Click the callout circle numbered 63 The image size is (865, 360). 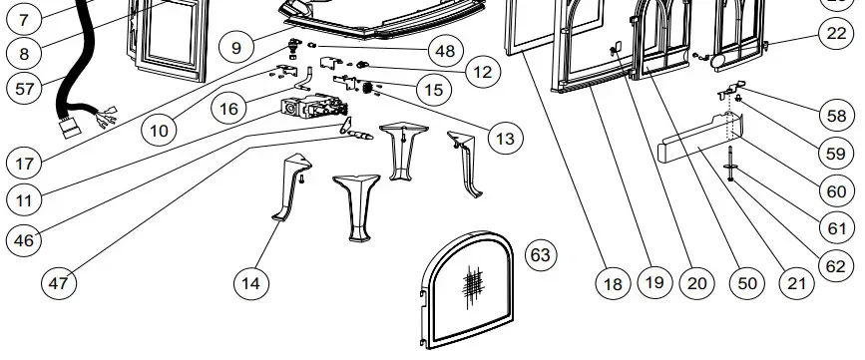540,256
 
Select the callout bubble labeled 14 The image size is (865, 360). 252,283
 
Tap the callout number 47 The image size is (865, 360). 60,283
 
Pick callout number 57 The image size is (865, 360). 23,88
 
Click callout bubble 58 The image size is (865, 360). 836,116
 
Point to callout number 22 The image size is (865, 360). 836,33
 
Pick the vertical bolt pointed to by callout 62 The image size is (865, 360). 732,161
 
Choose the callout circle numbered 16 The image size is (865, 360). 229,108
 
